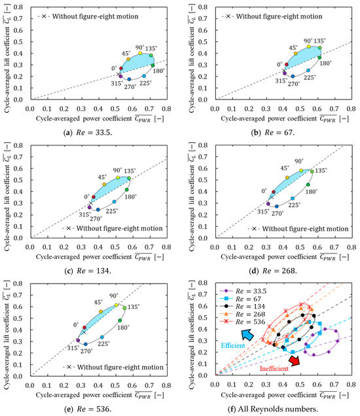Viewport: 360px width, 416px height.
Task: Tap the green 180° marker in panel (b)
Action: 320,58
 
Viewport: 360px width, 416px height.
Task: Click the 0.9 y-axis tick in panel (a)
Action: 20,6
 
